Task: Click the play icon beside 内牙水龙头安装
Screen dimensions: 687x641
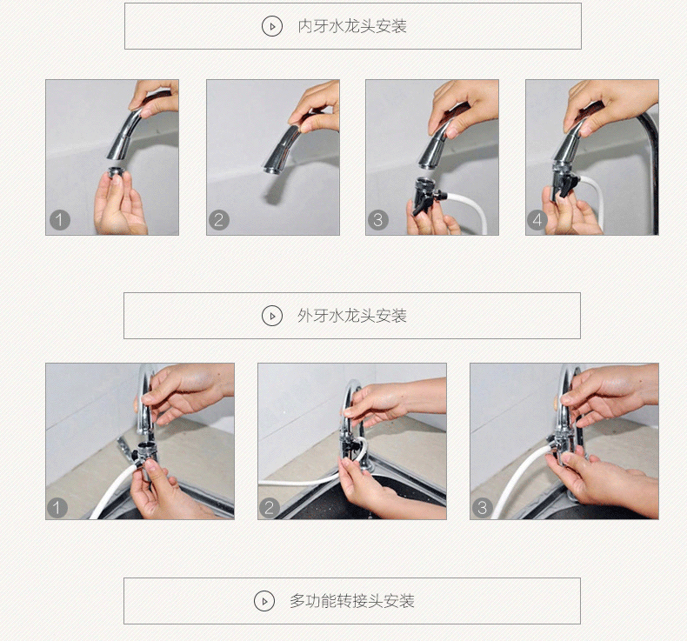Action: click(x=271, y=27)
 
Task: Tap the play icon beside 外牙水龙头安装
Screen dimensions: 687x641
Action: click(x=271, y=316)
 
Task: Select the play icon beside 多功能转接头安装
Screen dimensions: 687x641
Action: click(x=264, y=601)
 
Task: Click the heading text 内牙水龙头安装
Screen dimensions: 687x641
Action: click(x=352, y=26)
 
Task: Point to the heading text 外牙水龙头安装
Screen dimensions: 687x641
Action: click(x=352, y=316)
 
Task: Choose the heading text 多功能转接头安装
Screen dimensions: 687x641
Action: click(x=352, y=601)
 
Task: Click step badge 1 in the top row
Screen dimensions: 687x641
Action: click(x=60, y=219)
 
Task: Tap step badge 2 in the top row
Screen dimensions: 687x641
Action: click(x=219, y=219)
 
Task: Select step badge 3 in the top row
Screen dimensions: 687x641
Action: click(x=378, y=219)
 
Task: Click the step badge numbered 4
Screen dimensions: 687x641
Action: click(x=537, y=219)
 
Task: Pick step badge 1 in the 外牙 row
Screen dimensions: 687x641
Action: click(x=57, y=508)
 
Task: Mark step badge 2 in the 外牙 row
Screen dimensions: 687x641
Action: click(x=270, y=508)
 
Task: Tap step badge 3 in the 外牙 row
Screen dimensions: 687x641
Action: click(x=483, y=508)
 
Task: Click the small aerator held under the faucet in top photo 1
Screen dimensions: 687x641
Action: click(x=117, y=172)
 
